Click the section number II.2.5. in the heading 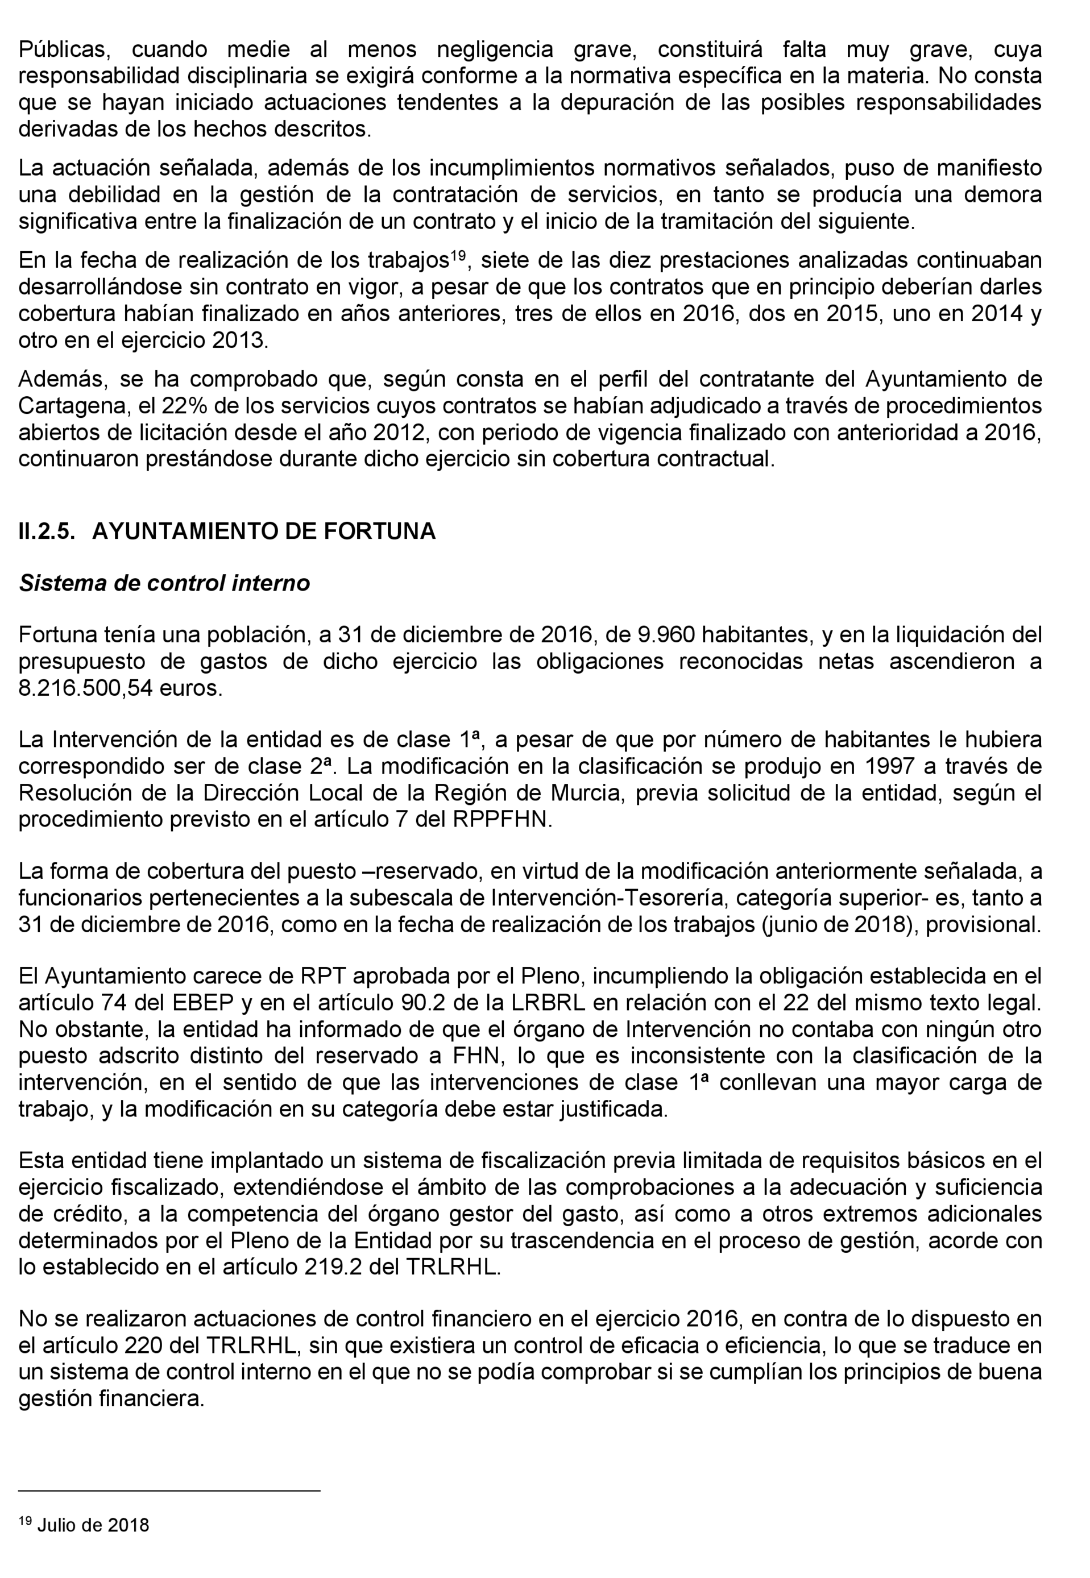click(x=47, y=531)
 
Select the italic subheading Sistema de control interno click(x=164, y=583)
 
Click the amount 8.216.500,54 click(x=85, y=688)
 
